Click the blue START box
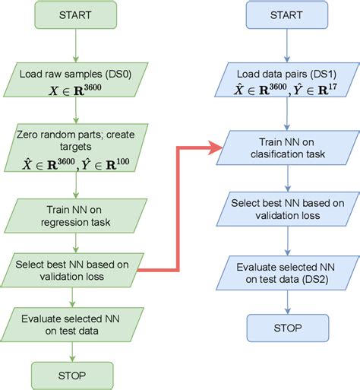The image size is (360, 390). pyautogui.click(x=285, y=15)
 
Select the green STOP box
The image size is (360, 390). pyautogui.click(x=72, y=375)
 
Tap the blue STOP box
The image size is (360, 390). pyautogui.click(x=285, y=327)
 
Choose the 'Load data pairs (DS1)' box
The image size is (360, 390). pyautogui.click(x=285, y=81)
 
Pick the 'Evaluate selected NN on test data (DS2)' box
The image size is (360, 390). pyautogui.click(x=285, y=271)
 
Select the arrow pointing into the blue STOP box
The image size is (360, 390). pyautogui.click(x=285, y=303)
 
